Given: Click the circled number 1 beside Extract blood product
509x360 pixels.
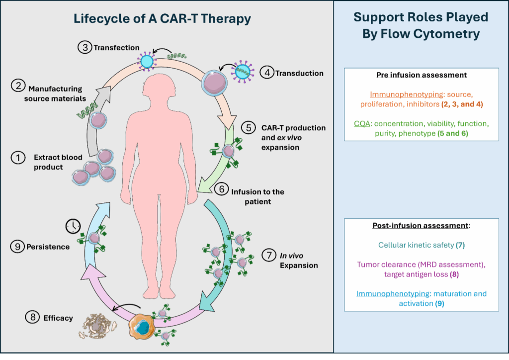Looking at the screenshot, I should click(18, 158).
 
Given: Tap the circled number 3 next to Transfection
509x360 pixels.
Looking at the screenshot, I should click(84, 48).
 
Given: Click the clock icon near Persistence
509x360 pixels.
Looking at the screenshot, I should click(73, 226).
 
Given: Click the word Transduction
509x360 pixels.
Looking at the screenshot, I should click(300, 73).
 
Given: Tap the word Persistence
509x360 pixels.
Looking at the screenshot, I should click(48, 247).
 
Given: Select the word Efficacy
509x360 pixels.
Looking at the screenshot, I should click(58, 318).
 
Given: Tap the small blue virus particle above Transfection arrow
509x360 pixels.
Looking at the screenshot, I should click(148, 61).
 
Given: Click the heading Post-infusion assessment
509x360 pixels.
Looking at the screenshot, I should click(421, 225).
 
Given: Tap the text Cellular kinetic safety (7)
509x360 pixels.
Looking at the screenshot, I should click(421, 245).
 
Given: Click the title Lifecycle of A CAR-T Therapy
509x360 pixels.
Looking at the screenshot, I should click(162, 19).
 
